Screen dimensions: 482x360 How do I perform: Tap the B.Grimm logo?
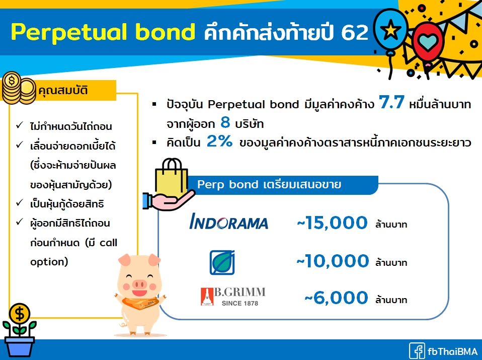233,297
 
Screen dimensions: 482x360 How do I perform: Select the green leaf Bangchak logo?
222,262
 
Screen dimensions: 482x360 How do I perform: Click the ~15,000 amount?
332,223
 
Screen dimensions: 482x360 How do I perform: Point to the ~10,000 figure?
333,261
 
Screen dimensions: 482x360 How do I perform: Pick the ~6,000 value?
336,298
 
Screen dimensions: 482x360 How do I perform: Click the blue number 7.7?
391,102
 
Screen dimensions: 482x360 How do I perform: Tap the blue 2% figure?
219,141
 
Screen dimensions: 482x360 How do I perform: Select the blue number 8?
225,122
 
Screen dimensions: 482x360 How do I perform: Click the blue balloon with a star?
391,30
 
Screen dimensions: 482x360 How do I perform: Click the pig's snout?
139,283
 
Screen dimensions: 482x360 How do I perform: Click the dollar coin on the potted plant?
19,314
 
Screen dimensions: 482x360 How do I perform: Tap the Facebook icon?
417,351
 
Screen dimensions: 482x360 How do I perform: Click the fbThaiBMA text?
452,351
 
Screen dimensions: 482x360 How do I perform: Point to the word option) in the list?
49,262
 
